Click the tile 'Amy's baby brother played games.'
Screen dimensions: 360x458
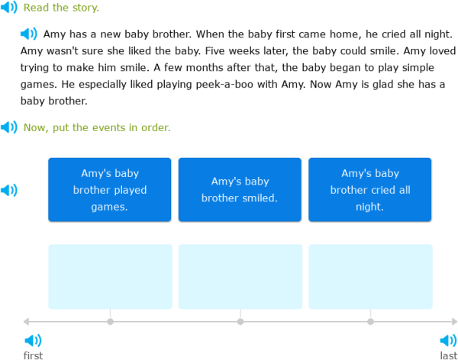pyautogui.click(x=110, y=190)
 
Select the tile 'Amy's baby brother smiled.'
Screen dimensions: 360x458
pyautogui.click(x=240, y=190)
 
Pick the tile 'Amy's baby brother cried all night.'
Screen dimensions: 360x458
pyautogui.click(x=370, y=190)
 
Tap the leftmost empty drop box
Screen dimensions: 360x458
pyautogui.click(x=110, y=276)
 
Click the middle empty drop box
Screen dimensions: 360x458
pyautogui.click(x=240, y=276)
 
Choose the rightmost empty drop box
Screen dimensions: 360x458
pyautogui.click(x=370, y=276)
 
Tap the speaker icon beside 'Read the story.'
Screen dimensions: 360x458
pyautogui.click(x=9, y=8)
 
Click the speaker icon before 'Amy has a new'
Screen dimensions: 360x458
pyautogui.click(x=28, y=34)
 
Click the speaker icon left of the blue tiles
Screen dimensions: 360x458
pyautogui.click(x=9, y=190)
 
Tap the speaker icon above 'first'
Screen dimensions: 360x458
pyautogui.click(x=33, y=340)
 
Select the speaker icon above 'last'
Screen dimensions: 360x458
pyautogui.click(x=448, y=340)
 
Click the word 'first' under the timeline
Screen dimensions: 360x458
pyautogui.click(x=33, y=355)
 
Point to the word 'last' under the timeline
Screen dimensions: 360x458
pyautogui.click(x=448, y=355)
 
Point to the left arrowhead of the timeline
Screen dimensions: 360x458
pyautogui.click(x=26, y=321)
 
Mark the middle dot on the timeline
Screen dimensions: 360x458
pyautogui.click(x=240, y=321)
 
